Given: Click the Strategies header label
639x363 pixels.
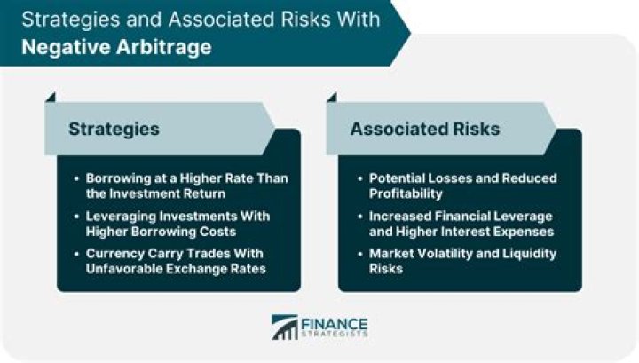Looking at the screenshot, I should (x=114, y=129).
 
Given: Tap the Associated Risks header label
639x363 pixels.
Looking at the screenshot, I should (x=424, y=129).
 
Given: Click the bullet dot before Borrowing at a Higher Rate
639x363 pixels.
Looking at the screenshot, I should (x=78, y=178).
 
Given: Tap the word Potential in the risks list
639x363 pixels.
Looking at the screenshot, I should (x=397, y=178).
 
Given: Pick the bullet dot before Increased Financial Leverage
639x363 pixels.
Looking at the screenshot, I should (x=359, y=217).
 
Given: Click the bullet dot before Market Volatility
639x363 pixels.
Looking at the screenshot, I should (x=359, y=254).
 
